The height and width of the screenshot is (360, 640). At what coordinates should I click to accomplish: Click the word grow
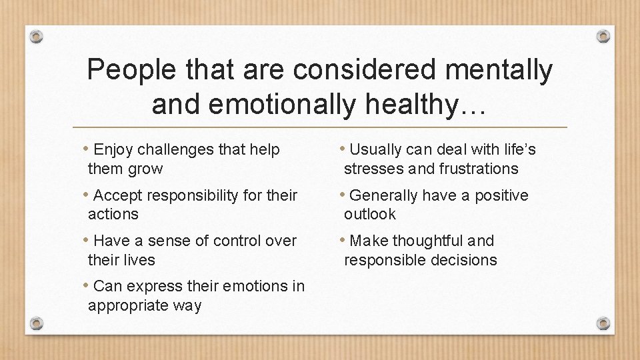coord(145,169)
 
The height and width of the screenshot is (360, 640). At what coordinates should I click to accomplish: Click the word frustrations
coord(479,169)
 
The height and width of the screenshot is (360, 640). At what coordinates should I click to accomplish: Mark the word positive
coord(501,195)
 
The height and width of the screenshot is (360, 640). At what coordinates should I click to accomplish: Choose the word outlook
coord(370,215)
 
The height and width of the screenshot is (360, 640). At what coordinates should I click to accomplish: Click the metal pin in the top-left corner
coord(37,36)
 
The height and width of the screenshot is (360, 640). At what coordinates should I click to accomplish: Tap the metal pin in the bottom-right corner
coord(603,323)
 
